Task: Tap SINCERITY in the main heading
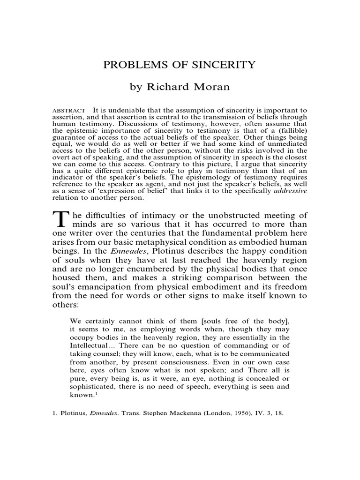point(225,65)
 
